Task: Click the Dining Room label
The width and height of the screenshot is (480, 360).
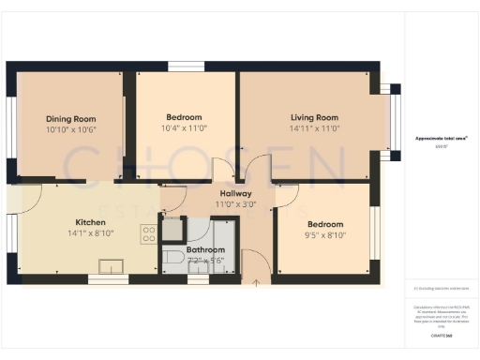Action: pos(71,119)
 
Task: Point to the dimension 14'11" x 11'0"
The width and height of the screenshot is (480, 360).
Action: pos(313,127)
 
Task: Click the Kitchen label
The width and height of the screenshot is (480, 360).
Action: pos(92,223)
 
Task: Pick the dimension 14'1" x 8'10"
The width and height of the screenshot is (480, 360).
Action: pos(92,233)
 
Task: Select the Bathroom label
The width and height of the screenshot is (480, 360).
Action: pos(205,250)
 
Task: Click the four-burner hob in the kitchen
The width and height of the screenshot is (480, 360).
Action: pos(148,234)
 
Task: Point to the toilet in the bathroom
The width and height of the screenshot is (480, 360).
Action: pos(172,257)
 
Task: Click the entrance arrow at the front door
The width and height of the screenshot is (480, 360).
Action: pos(256,279)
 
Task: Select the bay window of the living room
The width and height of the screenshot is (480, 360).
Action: pos(394,119)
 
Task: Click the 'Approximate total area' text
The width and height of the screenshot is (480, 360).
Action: pos(441,138)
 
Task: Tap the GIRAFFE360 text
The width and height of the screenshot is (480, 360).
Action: pos(442,335)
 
